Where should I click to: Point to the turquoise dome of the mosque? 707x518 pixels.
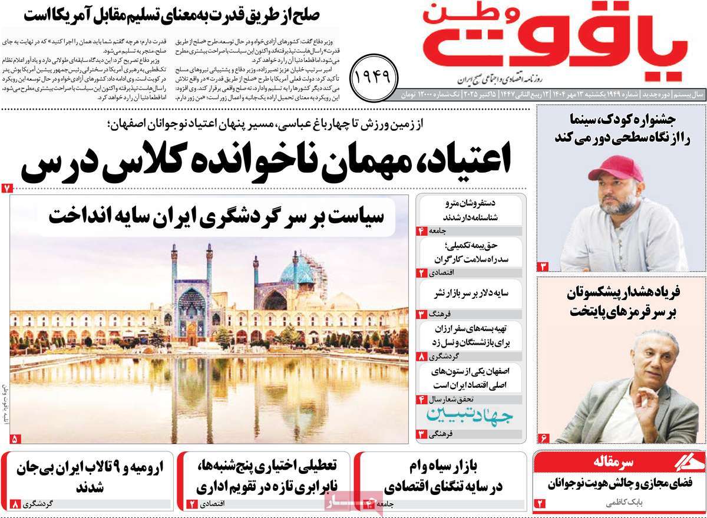click(x=296, y=273)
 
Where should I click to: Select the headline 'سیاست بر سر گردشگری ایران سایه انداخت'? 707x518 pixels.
click(x=216, y=216)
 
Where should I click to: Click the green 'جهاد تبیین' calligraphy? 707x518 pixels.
click(x=470, y=417)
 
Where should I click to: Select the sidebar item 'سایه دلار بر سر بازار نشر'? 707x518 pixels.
click(x=470, y=293)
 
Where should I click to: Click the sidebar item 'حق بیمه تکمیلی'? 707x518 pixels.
click(x=470, y=252)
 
